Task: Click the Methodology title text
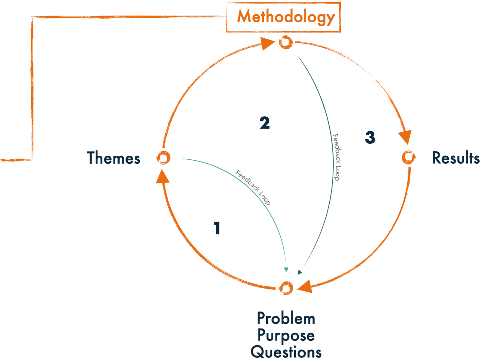click(285, 17)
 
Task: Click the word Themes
click(113, 158)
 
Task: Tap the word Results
click(456, 158)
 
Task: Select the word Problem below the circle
click(286, 319)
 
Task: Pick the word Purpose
click(286, 336)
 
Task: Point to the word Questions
click(286, 352)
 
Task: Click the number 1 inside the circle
click(217, 229)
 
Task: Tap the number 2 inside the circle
click(264, 123)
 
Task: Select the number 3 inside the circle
click(370, 138)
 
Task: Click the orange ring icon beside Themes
click(163, 158)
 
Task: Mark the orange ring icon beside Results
click(408, 157)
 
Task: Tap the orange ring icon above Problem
click(285, 288)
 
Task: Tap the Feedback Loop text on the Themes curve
click(253, 187)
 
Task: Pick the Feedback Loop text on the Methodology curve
click(336, 157)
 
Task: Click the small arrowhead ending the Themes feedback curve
click(287, 270)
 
